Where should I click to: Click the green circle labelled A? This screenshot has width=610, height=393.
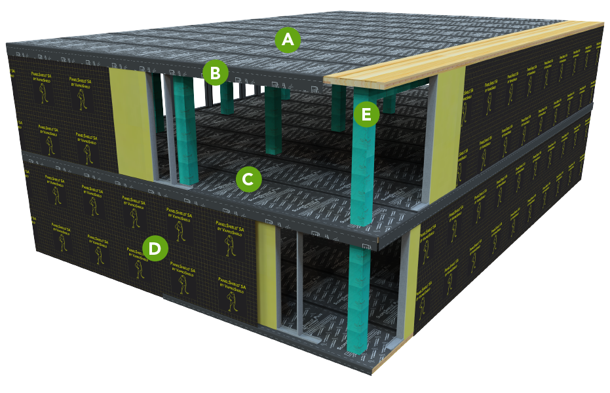tap(288, 41)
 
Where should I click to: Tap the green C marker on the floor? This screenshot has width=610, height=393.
tap(248, 178)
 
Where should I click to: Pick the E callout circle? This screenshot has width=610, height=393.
tap(366, 115)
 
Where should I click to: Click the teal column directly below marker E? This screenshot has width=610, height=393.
tap(362, 170)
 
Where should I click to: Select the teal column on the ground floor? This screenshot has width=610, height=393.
tap(360, 301)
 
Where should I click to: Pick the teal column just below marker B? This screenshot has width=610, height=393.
tap(227, 98)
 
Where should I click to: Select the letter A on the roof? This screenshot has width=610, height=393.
tap(288, 41)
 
